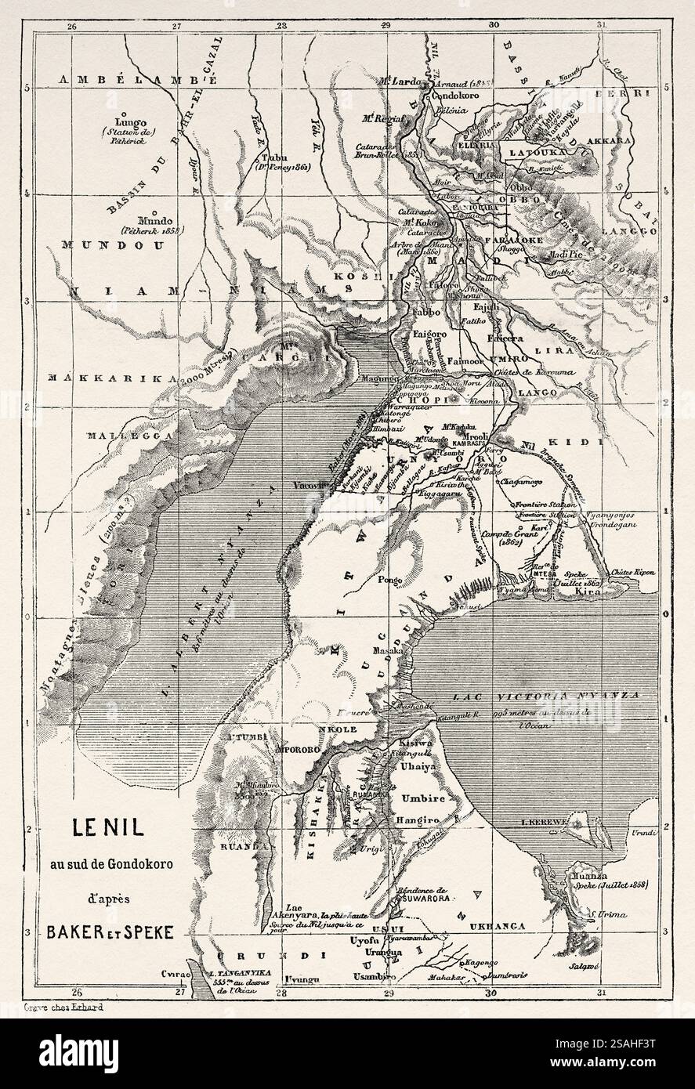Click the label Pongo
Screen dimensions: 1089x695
click(x=389, y=581)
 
